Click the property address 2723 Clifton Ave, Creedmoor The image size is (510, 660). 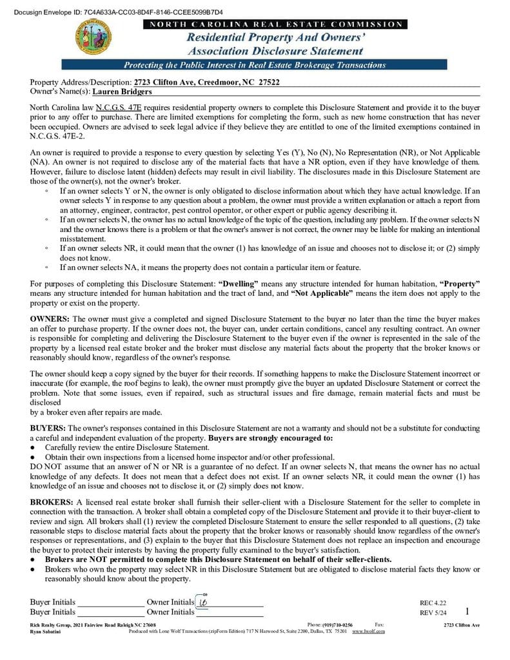click(x=206, y=82)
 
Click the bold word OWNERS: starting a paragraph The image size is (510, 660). click(x=50, y=319)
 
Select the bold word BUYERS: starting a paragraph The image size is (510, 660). click(x=48, y=428)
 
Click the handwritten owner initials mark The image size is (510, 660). click(x=203, y=602)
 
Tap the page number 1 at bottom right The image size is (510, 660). click(x=467, y=611)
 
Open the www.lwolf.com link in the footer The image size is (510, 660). click(x=368, y=631)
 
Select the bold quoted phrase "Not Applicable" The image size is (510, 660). click(x=322, y=293)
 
